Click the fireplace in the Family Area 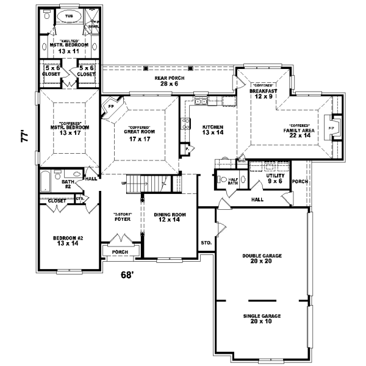point(332,128)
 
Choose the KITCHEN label point(213,127)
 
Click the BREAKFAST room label point(264,91)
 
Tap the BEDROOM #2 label point(67,239)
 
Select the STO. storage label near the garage point(206,242)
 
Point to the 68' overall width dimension point(126,274)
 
